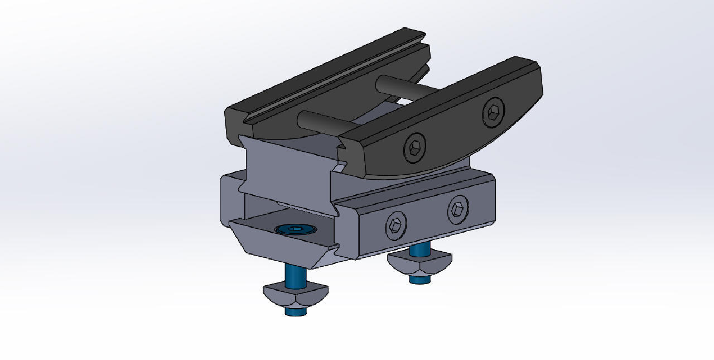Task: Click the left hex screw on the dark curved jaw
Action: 414,148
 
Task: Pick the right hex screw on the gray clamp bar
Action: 457,210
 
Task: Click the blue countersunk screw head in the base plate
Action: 296,229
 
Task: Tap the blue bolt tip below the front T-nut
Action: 296,311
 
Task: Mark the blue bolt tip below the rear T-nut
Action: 419,280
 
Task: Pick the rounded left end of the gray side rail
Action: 229,198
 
